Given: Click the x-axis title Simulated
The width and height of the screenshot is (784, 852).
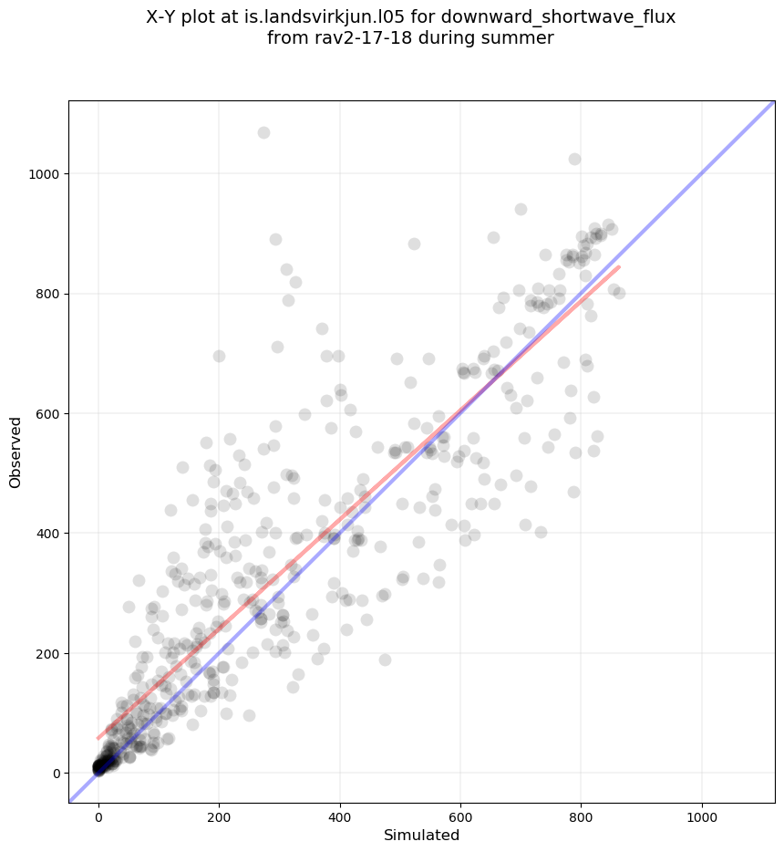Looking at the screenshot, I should point(421,835).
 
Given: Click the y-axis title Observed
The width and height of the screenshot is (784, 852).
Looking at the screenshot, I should point(15,452).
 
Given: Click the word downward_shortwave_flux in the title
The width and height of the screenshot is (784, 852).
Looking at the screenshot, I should point(564,16).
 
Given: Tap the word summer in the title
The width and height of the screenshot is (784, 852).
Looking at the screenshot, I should point(523,38).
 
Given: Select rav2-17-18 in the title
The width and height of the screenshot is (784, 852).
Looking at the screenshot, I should point(351,38).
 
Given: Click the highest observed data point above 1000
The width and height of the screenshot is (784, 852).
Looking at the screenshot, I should point(263,132).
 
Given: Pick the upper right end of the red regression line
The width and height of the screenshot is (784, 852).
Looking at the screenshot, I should point(619,266).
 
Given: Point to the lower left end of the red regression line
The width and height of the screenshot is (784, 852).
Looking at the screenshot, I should point(98,738).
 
